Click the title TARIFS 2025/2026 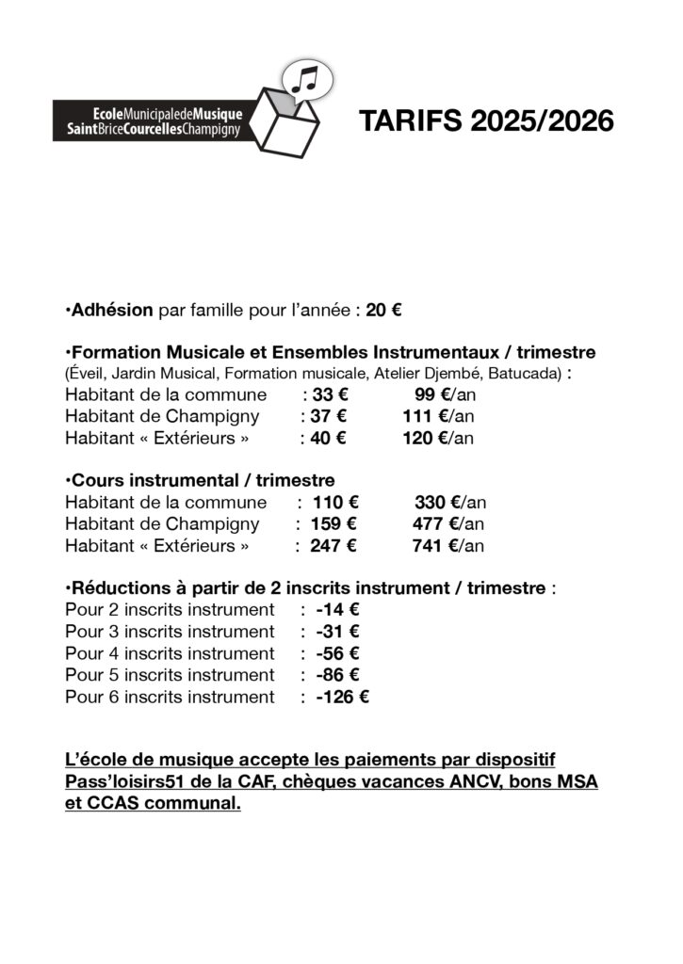(486, 122)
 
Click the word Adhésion (112, 310)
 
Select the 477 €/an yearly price (448, 524)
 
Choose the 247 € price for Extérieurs (334, 546)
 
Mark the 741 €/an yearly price (448, 546)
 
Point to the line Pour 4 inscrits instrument (170, 653)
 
